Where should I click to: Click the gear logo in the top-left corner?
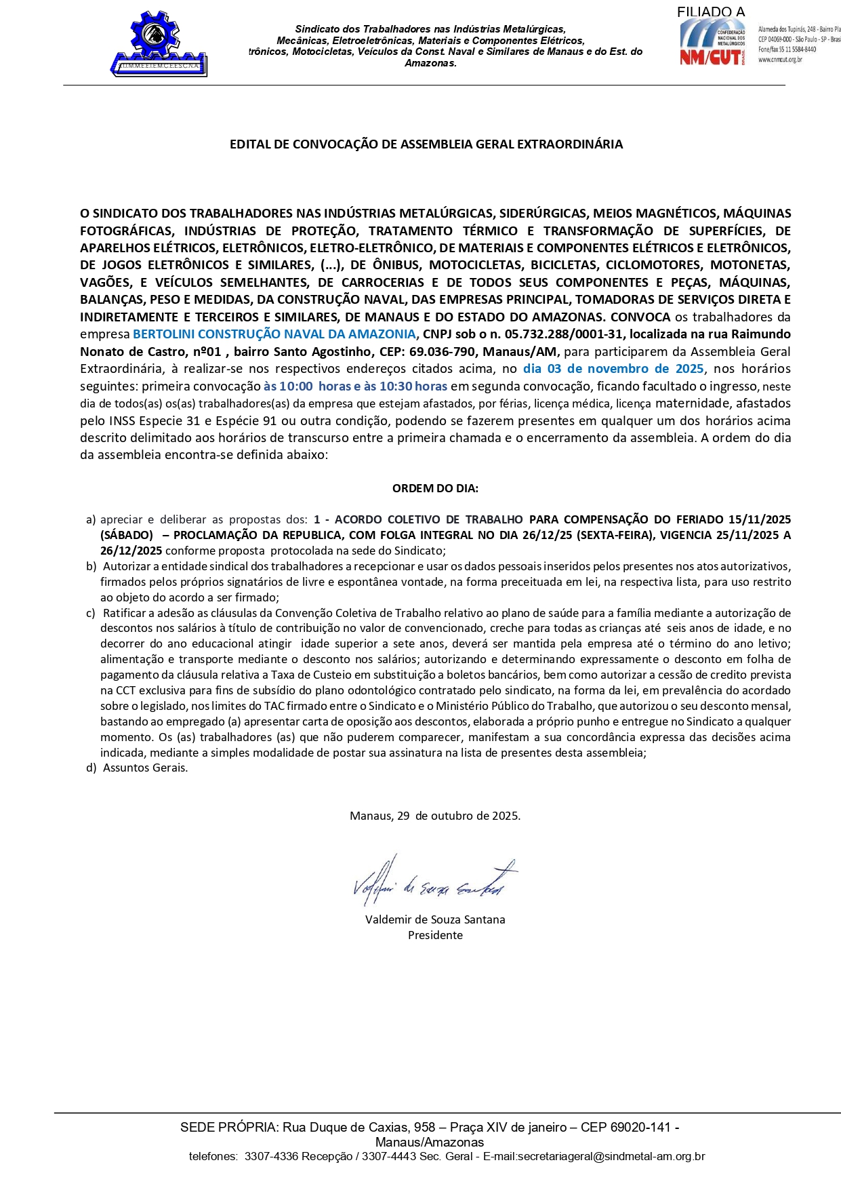click(x=159, y=42)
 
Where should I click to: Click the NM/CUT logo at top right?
click(x=713, y=43)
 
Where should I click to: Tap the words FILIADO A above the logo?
click(x=710, y=12)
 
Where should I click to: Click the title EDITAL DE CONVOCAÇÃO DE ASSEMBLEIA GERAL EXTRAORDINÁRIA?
click(x=426, y=144)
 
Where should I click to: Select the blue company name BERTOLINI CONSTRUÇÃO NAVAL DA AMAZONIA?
click(x=274, y=334)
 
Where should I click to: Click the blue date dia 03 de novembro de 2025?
click(x=613, y=369)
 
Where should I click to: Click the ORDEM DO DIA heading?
click(x=435, y=488)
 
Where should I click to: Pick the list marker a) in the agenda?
click(x=91, y=520)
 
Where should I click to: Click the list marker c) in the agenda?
click(x=91, y=613)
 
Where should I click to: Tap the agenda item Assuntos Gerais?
click(x=145, y=768)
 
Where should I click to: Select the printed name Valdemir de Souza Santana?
click(x=435, y=920)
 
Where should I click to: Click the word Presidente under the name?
click(x=435, y=936)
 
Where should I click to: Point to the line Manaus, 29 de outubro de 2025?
click(x=435, y=816)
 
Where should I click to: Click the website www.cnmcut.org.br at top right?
click(x=780, y=60)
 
